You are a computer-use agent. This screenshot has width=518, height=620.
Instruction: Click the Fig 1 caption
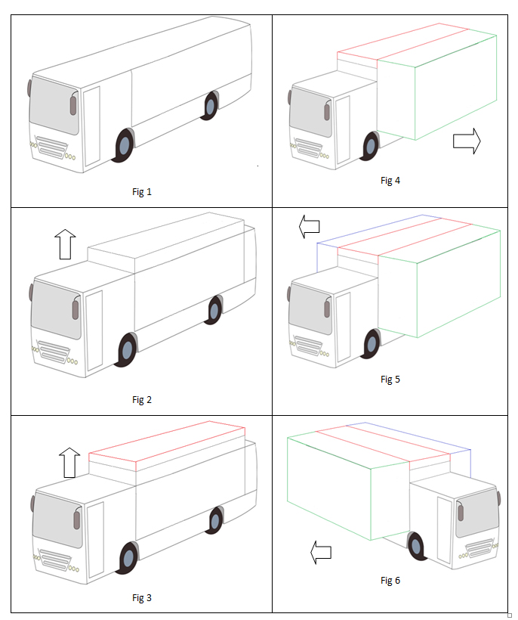142,192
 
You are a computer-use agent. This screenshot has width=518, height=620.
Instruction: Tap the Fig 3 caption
142,598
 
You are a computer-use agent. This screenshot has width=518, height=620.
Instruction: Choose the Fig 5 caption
390,379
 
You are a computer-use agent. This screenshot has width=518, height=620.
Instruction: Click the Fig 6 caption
390,581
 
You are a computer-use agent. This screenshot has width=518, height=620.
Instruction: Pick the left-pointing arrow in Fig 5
308,225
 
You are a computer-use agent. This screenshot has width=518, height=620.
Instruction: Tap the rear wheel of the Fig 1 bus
210,105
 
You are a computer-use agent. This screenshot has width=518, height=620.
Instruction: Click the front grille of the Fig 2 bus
52,352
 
